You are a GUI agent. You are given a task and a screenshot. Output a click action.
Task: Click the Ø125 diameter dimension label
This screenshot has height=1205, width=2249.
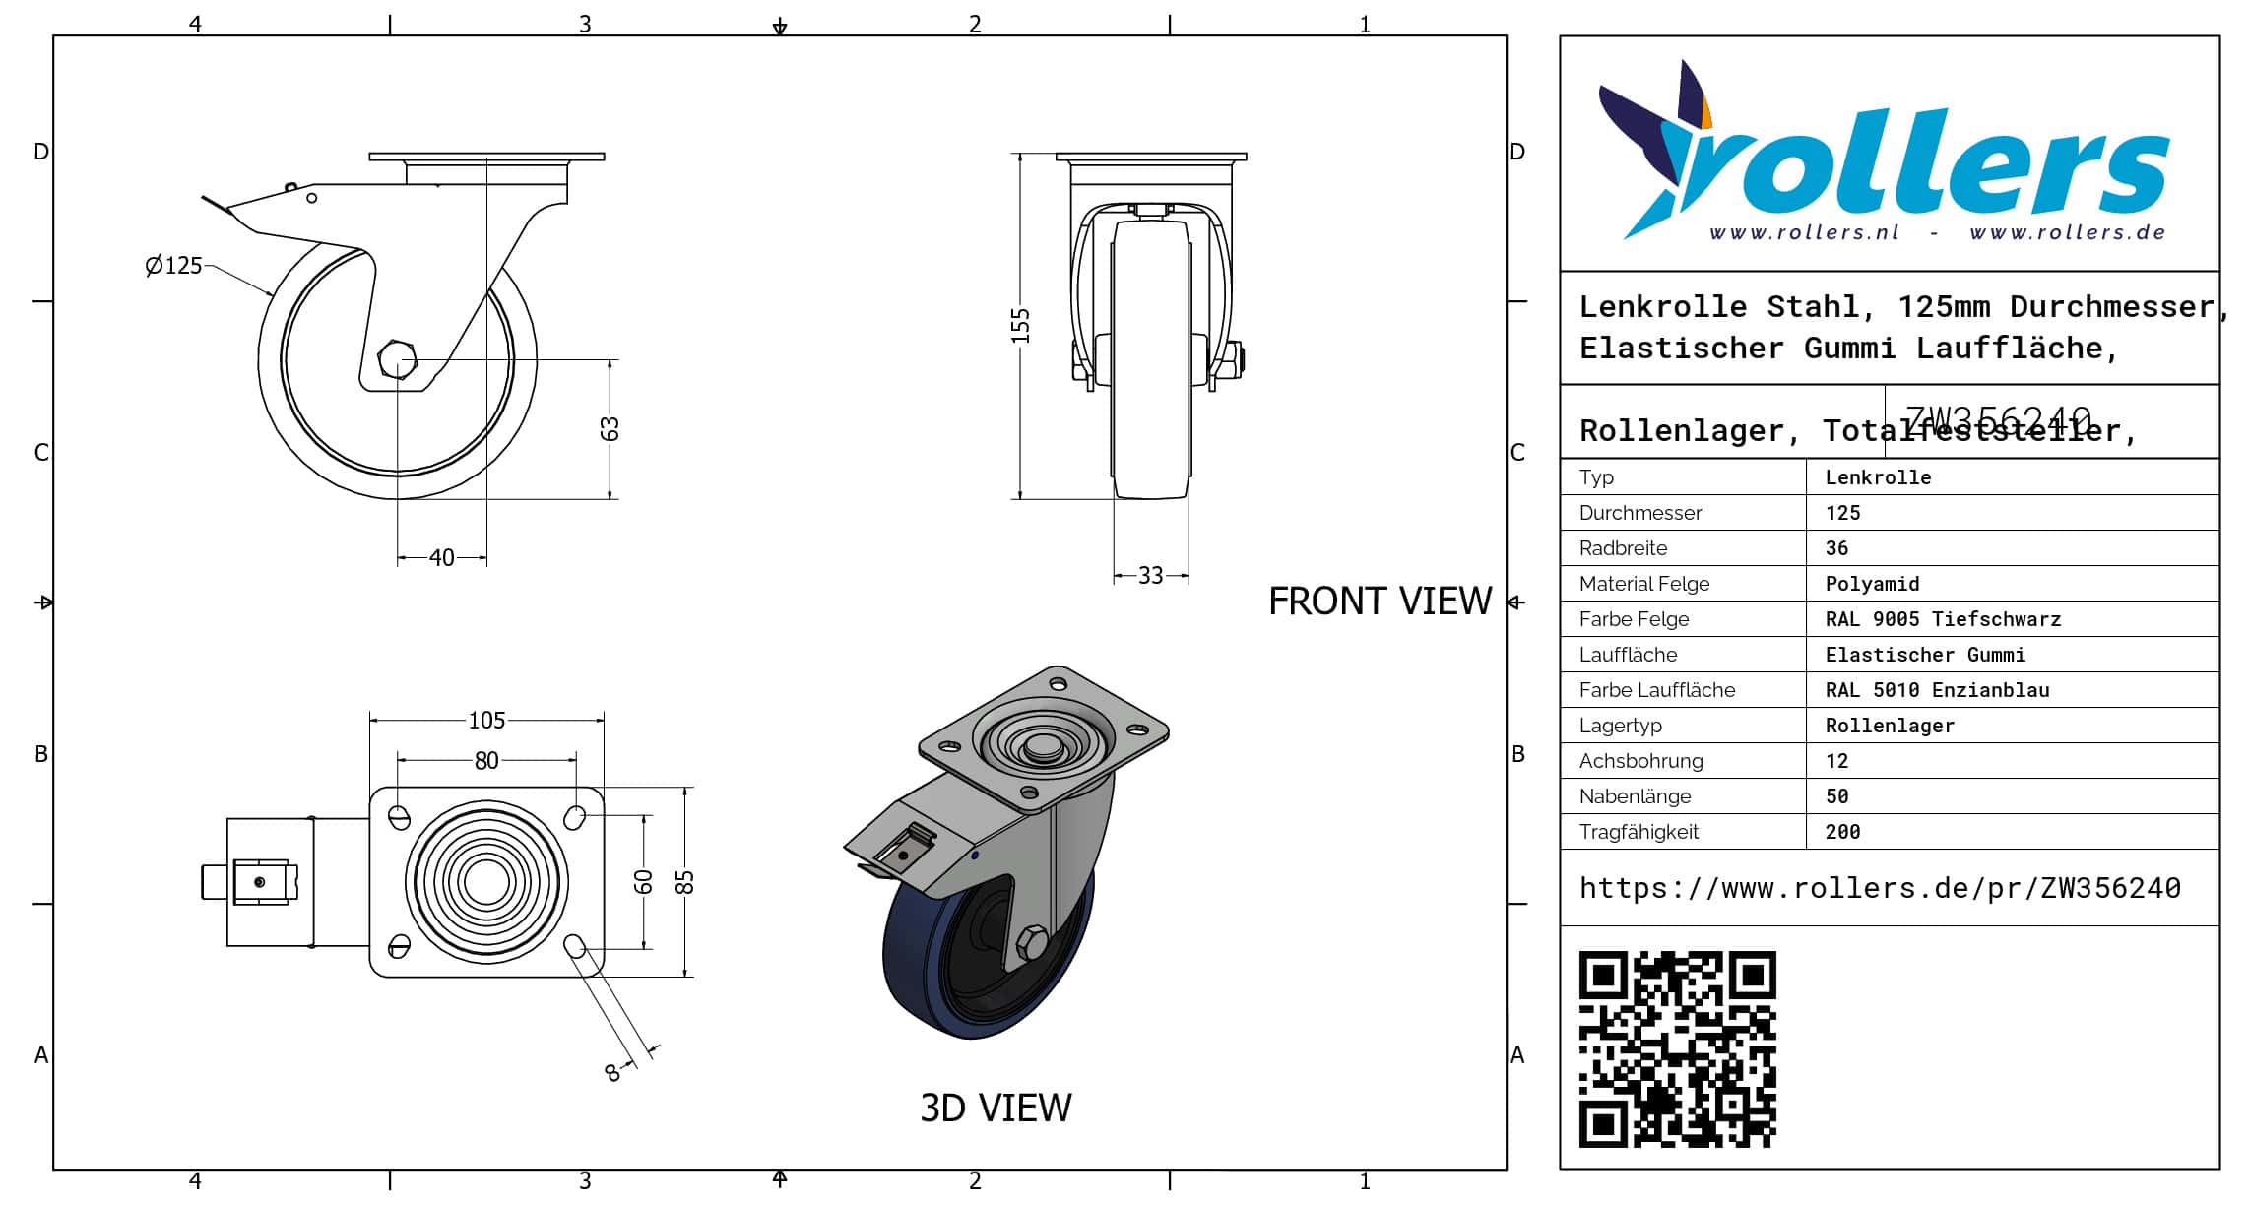[x=173, y=266]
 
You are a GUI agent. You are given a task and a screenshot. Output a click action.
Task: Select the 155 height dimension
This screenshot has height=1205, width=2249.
[x=1020, y=326]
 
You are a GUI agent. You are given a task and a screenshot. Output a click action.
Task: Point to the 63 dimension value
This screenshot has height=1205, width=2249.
[x=610, y=429]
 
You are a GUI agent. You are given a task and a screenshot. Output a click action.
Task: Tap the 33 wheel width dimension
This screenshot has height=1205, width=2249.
[x=1150, y=576]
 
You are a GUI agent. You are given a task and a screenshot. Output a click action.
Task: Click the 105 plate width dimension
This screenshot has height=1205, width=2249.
[x=486, y=721]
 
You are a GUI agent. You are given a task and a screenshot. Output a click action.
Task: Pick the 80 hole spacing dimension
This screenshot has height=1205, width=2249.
[x=486, y=761]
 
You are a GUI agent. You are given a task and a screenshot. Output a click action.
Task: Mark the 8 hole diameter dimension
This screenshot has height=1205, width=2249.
[x=612, y=1073]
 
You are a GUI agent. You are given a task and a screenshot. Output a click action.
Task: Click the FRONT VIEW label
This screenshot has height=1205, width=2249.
[x=1380, y=602]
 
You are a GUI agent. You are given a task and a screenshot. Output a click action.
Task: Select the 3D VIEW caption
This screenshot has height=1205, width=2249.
[x=996, y=1109]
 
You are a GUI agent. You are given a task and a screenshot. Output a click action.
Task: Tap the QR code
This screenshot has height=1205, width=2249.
[x=1677, y=1048]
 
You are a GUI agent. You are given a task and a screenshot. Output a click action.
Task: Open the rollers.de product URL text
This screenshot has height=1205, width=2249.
[x=1880, y=888]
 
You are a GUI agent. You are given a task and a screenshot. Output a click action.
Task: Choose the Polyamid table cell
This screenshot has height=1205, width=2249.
[x=1872, y=584]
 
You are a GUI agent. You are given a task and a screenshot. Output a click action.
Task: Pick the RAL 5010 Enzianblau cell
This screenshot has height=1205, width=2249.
[x=1937, y=690]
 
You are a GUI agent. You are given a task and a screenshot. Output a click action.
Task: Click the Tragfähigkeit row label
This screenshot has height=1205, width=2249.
[x=1639, y=832]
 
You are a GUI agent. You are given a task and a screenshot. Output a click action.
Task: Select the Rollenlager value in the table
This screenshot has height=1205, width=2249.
[x=1890, y=726]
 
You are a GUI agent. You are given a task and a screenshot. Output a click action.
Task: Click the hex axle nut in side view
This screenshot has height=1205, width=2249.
[x=398, y=360]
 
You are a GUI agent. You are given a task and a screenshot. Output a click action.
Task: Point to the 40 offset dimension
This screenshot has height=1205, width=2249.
[x=442, y=558]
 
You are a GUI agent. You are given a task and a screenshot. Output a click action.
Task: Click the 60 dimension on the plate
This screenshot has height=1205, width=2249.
[x=643, y=882]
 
